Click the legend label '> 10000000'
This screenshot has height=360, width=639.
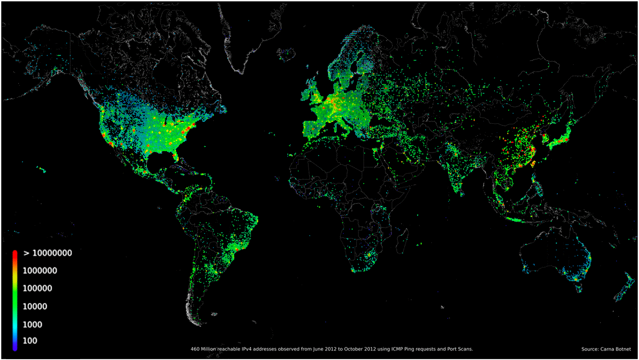pyautogui.click(x=48, y=253)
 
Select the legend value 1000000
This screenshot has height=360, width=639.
pyautogui.click(x=40, y=271)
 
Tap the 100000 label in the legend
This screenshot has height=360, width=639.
pyautogui.click(x=37, y=288)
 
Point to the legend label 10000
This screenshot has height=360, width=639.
pyautogui.click(x=35, y=306)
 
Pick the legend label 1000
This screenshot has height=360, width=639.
pyautogui.click(x=32, y=324)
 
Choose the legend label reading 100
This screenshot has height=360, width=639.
pyautogui.click(x=30, y=341)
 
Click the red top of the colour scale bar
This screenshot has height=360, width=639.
pyautogui.click(x=15, y=253)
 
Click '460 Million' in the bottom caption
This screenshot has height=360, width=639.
pyautogui.click(x=203, y=349)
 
